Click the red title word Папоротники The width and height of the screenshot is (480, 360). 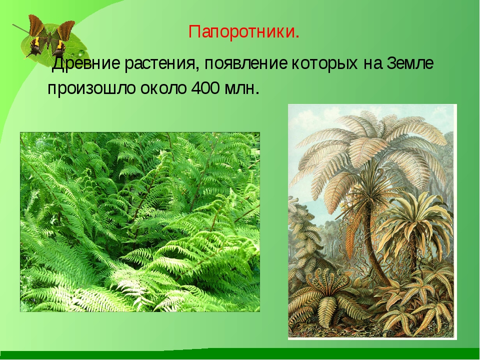coord(243,32)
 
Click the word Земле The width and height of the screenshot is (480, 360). coord(410,64)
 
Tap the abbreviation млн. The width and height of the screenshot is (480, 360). coord(242,89)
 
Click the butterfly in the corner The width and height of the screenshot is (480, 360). coord(51,36)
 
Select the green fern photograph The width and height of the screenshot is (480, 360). coord(140,222)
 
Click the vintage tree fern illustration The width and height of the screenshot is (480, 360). coord(372,221)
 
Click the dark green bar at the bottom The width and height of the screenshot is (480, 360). coord(240,354)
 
